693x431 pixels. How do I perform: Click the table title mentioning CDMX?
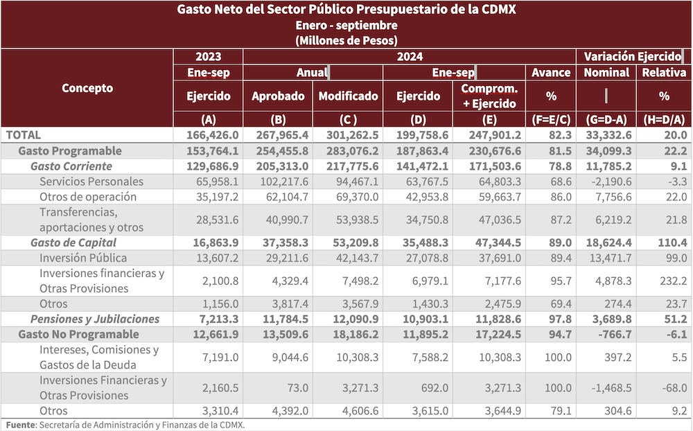346,10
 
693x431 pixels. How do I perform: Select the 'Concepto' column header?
87,88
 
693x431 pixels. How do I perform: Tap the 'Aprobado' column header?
278,96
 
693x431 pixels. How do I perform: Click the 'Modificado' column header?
349,96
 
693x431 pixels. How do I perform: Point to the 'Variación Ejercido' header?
633,56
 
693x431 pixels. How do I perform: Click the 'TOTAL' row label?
24,135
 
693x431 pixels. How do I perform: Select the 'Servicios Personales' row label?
91,181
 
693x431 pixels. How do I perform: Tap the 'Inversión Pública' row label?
83,258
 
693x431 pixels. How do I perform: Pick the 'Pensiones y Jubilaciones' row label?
94,319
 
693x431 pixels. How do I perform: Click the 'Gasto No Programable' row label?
78,334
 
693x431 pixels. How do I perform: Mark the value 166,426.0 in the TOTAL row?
209,135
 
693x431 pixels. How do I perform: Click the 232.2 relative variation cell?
672,281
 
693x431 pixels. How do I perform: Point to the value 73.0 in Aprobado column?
295,388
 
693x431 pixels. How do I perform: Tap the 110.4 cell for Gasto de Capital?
672,243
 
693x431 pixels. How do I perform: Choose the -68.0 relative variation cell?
673,388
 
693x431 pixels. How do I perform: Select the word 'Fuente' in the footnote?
20,425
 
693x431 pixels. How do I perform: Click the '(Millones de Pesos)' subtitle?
346,40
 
